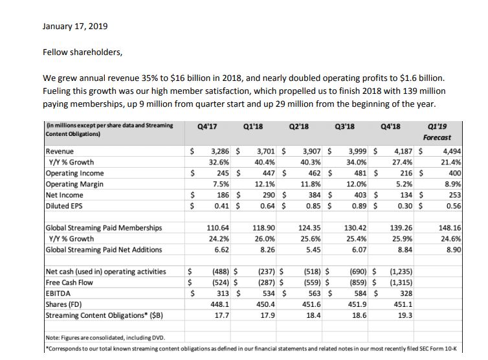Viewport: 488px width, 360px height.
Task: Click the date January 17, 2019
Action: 75,26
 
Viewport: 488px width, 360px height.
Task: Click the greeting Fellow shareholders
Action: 82,52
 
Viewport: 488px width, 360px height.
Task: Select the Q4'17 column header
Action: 207,126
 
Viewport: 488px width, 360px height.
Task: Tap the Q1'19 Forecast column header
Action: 437,131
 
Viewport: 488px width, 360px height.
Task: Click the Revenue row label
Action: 60,152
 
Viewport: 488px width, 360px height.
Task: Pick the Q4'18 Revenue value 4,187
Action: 403,152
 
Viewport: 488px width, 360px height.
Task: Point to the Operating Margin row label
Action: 74,184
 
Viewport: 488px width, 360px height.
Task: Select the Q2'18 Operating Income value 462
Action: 314,173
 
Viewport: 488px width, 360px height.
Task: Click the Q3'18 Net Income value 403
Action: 360,195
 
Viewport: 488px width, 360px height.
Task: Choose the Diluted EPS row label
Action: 64,206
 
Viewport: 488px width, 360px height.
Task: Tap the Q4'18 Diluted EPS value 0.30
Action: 405,206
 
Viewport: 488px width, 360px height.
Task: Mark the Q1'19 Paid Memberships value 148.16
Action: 450,228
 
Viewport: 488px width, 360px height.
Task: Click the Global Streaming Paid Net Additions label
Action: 104,250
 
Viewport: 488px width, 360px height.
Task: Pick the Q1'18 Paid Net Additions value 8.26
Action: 267,250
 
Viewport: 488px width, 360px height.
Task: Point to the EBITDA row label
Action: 58,293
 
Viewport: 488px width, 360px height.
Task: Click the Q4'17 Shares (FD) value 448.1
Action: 219,304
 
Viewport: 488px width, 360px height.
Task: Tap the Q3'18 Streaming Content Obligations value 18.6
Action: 359,315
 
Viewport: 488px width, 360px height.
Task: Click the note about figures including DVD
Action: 105,338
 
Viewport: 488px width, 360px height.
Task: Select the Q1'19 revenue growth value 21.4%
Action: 451,163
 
